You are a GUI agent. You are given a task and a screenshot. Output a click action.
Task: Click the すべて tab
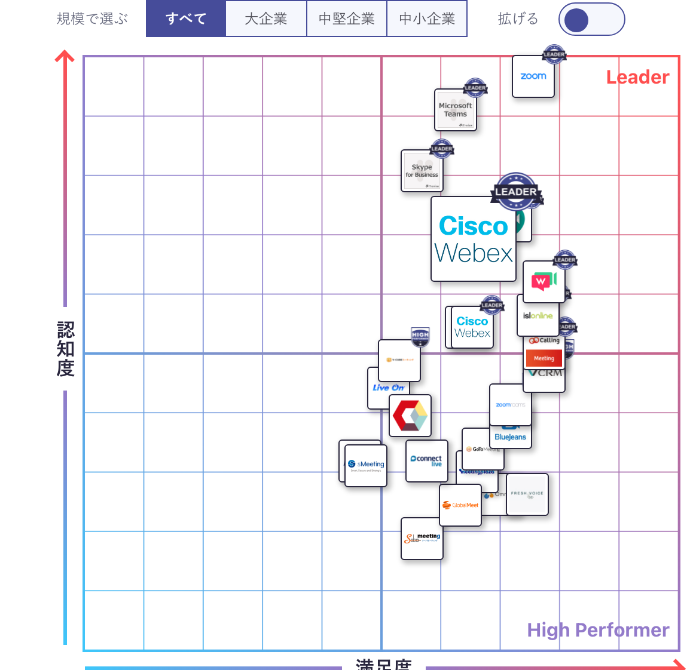(x=186, y=19)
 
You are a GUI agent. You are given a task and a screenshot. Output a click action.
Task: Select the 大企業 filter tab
(x=266, y=19)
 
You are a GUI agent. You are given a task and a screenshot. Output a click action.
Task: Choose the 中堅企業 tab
(x=346, y=19)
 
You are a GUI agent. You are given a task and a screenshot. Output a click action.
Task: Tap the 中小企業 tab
(x=427, y=19)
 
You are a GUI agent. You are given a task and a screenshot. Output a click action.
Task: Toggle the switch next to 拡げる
(x=591, y=20)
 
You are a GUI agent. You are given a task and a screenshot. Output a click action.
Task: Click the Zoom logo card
(x=533, y=76)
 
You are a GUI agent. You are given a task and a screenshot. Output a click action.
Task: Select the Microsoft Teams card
(x=455, y=110)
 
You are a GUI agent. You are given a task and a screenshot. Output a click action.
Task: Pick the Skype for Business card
(x=422, y=171)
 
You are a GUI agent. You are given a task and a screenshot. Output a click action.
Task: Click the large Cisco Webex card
(x=473, y=239)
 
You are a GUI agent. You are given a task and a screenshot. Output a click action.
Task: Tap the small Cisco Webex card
(x=472, y=327)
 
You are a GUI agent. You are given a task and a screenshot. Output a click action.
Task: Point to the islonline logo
(x=538, y=316)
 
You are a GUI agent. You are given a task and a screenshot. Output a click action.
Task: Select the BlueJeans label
(x=511, y=437)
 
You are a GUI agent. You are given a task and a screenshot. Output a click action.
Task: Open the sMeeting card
(x=366, y=466)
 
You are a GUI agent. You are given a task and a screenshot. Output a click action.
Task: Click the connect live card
(x=426, y=461)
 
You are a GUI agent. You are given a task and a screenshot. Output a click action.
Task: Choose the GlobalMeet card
(x=460, y=505)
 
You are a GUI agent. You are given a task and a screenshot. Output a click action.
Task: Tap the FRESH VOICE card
(x=527, y=494)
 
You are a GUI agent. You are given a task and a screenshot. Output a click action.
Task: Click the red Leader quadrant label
(x=637, y=77)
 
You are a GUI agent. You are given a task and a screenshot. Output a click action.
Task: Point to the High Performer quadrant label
(x=598, y=630)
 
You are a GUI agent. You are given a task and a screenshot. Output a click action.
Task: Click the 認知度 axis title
(x=65, y=349)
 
